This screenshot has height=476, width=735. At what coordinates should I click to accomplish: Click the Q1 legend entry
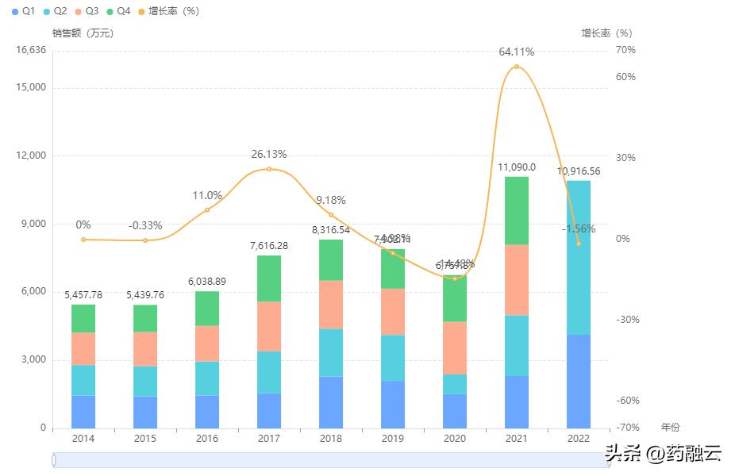[x=23, y=11]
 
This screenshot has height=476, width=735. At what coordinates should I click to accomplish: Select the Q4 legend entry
[x=117, y=11]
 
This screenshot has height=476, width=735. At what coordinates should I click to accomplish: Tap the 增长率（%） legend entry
[x=167, y=11]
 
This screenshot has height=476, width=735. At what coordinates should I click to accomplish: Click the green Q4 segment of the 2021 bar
[x=517, y=210]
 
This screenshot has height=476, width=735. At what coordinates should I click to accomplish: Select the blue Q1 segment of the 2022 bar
[x=579, y=381]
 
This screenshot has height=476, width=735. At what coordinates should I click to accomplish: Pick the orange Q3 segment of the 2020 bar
[x=455, y=347]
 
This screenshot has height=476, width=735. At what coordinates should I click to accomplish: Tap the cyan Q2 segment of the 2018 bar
[x=331, y=352]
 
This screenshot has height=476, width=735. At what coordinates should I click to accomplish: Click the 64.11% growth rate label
[x=516, y=52]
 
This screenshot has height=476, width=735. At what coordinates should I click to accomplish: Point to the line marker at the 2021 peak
[x=517, y=67]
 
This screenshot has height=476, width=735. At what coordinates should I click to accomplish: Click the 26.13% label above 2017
[x=269, y=154]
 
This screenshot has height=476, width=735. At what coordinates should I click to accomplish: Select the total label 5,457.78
[x=83, y=295]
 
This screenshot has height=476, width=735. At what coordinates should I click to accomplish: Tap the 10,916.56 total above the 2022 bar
[x=579, y=171]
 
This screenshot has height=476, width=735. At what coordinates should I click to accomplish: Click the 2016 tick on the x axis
[x=207, y=438]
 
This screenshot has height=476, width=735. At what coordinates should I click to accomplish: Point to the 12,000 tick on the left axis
[x=33, y=155]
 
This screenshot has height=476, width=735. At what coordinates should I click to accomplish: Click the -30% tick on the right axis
[x=627, y=320]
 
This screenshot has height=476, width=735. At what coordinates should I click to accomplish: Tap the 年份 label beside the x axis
[x=670, y=427]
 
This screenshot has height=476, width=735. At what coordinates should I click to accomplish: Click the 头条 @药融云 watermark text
[x=663, y=454]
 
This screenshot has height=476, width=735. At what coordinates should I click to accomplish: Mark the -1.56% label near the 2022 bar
[x=579, y=228]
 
